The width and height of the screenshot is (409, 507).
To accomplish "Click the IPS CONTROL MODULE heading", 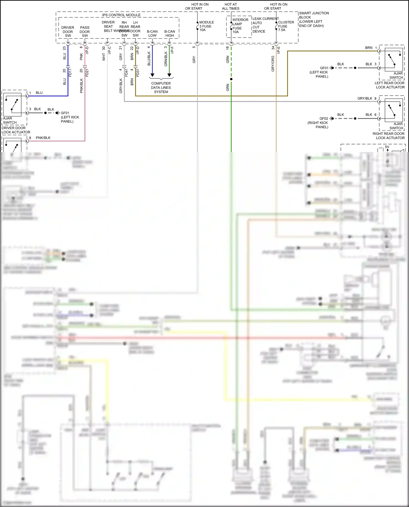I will pyautogui.click(x=121, y=15).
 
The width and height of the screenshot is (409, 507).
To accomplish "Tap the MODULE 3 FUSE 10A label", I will pyautogui.click(x=206, y=26).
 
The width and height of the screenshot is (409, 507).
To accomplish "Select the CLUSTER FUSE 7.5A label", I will pyautogui.click(x=286, y=26).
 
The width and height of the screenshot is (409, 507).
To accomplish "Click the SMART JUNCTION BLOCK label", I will pyautogui.click(x=314, y=19).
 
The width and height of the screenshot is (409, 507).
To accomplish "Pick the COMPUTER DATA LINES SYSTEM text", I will pyautogui.click(x=161, y=88).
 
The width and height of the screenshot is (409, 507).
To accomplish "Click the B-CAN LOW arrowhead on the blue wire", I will pyautogui.click(x=152, y=75).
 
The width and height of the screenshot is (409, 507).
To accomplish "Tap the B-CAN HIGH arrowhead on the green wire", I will pyautogui.click(x=169, y=75).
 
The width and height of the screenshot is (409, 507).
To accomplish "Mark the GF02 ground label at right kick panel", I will pyautogui.click(x=324, y=119).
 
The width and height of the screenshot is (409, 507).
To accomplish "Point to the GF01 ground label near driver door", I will pyautogui.click(x=65, y=113).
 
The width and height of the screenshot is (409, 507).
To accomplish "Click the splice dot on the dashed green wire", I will pyautogui.click(x=231, y=79).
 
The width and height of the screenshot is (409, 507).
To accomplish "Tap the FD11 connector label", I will pyautogui.click(x=70, y=73).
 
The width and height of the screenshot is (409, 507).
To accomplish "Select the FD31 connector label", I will pyautogui.click(x=138, y=73).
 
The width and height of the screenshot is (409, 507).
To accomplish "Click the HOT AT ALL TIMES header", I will pyautogui.click(x=230, y=7).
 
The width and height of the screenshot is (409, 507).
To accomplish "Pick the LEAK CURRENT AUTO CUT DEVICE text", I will pyautogui.click(x=265, y=25).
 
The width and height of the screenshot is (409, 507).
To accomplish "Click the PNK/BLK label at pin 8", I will pyautogui.click(x=43, y=138).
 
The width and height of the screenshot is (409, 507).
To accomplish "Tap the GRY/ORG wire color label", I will pyautogui.click(x=273, y=64).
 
